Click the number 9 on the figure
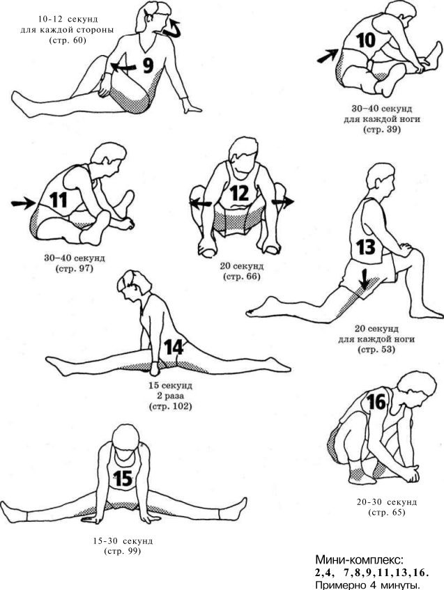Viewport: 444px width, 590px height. tap(148, 65)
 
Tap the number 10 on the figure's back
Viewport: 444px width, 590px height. tap(366, 40)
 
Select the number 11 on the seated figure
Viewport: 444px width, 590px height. tap(58, 200)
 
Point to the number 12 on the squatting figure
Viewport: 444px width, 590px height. tap(240, 194)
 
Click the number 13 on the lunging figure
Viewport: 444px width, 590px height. tap(366, 247)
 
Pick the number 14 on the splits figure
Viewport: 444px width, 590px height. tap(174, 347)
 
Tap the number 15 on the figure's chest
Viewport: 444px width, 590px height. tap(123, 479)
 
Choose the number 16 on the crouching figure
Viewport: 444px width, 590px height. tap(376, 402)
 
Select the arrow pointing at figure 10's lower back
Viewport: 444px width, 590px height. tap(328, 55)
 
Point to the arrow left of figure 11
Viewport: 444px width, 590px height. tap(23, 203)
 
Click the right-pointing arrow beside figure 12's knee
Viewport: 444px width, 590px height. tap(283, 202)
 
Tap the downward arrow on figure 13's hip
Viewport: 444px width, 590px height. tap(364, 279)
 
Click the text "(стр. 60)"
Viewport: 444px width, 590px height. tap(68, 40)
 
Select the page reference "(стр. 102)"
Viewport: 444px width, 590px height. tap(171, 406)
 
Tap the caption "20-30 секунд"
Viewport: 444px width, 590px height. tap(386, 502)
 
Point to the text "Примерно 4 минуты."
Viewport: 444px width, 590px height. tap(367, 584)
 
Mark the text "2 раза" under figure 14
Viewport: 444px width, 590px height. tap(171, 396)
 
